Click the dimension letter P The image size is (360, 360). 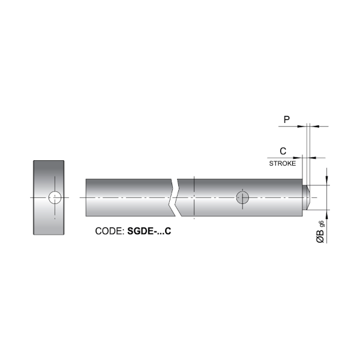pyautogui.click(x=287, y=119)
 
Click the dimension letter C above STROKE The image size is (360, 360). pyautogui.click(x=283, y=151)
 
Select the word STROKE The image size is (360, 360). pyautogui.click(x=283, y=163)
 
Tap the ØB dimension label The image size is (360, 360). pyautogui.click(x=320, y=236)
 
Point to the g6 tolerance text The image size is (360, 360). pyautogui.click(x=322, y=224)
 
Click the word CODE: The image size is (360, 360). pyautogui.click(x=110, y=231)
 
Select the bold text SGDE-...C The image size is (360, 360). pyautogui.click(x=149, y=231)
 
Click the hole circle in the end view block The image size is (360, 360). pyautogui.click(x=55, y=197)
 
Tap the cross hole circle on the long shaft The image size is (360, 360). pyautogui.click(x=242, y=197)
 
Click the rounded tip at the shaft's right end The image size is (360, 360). pyautogui.click(x=307, y=197)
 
